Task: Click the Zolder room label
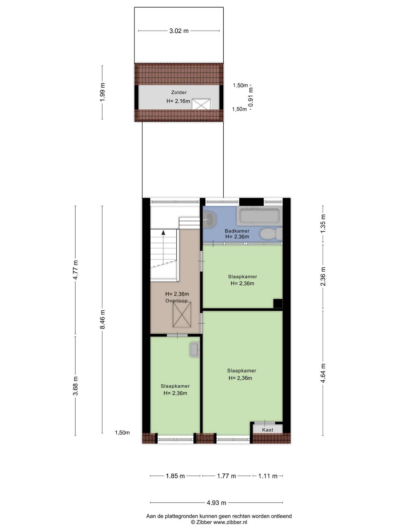click(x=179, y=92)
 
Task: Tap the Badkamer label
click(x=237, y=231)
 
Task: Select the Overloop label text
click(x=176, y=301)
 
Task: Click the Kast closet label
click(x=268, y=430)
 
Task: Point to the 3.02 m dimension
click(x=179, y=31)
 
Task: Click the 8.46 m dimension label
click(x=102, y=319)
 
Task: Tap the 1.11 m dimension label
click(x=268, y=476)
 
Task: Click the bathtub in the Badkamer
click(x=259, y=215)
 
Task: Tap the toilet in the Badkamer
click(x=271, y=234)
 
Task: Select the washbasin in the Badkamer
click(x=210, y=220)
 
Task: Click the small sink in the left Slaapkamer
click(x=195, y=350)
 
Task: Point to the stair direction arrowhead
click(x=163, y=233)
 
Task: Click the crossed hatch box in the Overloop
click(x=182, y=315)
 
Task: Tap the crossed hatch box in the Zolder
click(x=202, y=104)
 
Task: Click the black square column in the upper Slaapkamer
click(x=278, y=303)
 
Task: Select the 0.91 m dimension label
click(x=251, y=97)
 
